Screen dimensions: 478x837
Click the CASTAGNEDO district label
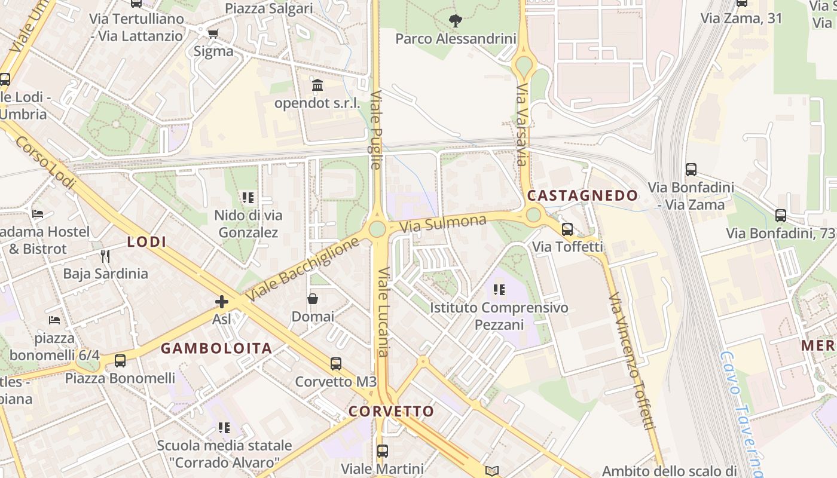[582, 196]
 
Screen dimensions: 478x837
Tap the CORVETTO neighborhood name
[391, 412]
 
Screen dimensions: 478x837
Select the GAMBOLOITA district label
[216, 348]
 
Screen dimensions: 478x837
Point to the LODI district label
[146, 242]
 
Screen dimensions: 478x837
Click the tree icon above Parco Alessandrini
[456, 21]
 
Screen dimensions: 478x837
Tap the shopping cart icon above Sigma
[213, 33]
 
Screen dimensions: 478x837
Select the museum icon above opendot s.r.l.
[317, 85]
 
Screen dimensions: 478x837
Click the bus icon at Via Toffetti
[567, 229]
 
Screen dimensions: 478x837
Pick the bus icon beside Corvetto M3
[336, 363]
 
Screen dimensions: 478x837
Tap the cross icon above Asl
[222, 302]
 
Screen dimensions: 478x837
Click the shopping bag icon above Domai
[313, 299]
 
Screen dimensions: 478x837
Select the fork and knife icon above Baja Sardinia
[105, 256]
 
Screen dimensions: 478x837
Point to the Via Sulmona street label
[442, 224]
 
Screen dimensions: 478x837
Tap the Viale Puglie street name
[376, 130]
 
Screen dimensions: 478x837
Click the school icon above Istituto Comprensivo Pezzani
[499, 290]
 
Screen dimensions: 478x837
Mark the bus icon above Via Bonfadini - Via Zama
[691, 170]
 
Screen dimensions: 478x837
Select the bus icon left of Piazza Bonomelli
[120, 360]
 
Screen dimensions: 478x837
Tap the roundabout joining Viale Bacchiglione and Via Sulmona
[377, 228]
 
